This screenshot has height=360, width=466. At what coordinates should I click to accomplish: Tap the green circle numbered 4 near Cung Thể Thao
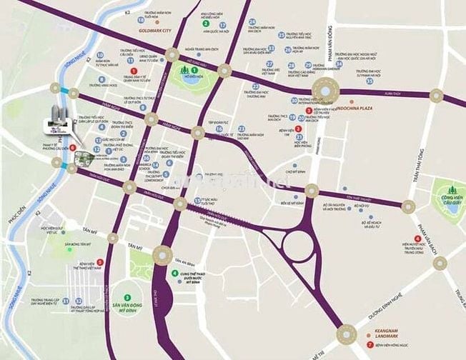(175, 273)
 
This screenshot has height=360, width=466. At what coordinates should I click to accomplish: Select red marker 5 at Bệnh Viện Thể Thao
(99, 261)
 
